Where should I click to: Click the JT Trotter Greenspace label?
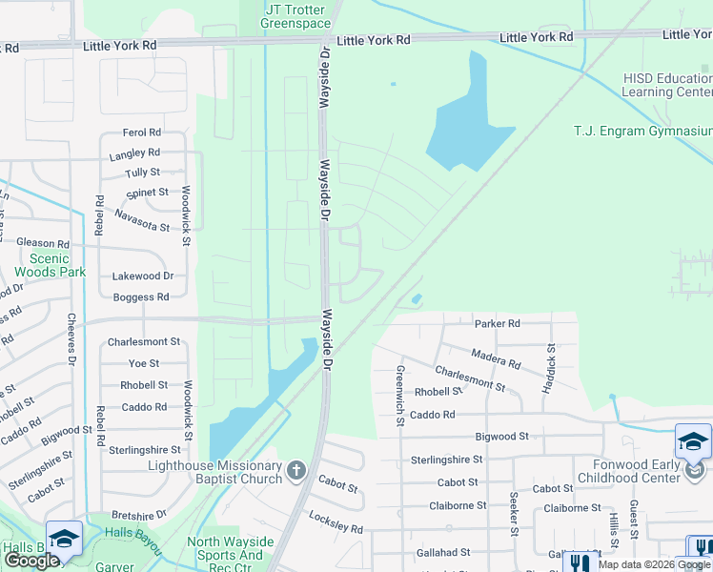[297, 16]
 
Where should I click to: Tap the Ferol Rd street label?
[141, 133]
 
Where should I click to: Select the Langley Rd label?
[133, 153]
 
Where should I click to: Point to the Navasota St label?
[141, 221]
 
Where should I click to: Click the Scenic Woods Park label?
[50, 265]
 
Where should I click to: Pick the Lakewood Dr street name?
[143, 276]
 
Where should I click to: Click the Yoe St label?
[144, 363]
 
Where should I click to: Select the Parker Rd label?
[498, 323]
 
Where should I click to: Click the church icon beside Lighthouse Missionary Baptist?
[296, 470]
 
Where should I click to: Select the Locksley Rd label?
[336, 521]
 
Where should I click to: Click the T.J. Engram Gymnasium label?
[642, 131]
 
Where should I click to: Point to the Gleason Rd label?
[43, 244]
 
